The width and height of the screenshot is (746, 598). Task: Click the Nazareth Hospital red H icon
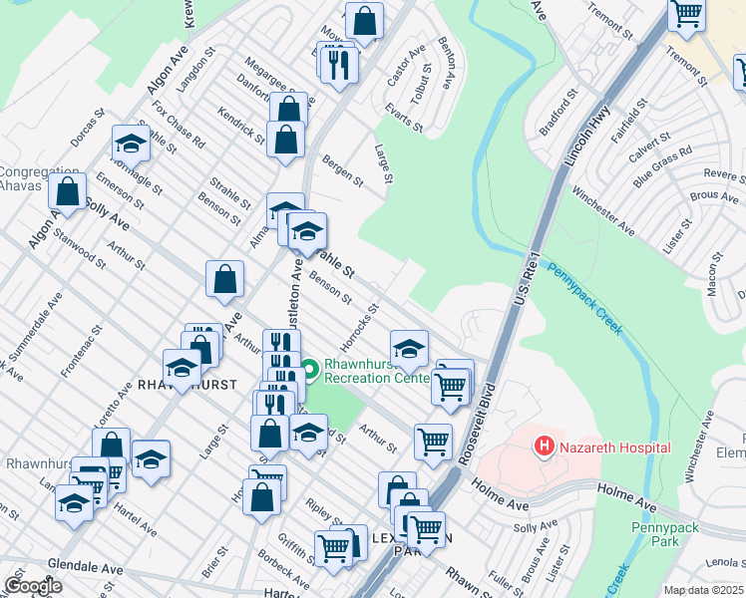pyautogui.click(x=545, y=447)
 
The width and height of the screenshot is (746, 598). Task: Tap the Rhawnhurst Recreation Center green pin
pyautogui.click(x=310, y=371)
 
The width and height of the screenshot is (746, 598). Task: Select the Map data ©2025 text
pyautogui.click(x=703, y=590)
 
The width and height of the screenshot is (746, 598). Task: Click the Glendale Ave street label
pyautogui.click(x=84, y=569)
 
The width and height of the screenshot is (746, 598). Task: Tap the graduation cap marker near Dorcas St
pyautogui.click(x=131, y=145)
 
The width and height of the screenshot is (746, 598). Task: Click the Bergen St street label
pyautogui.click(x=342, y=170)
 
